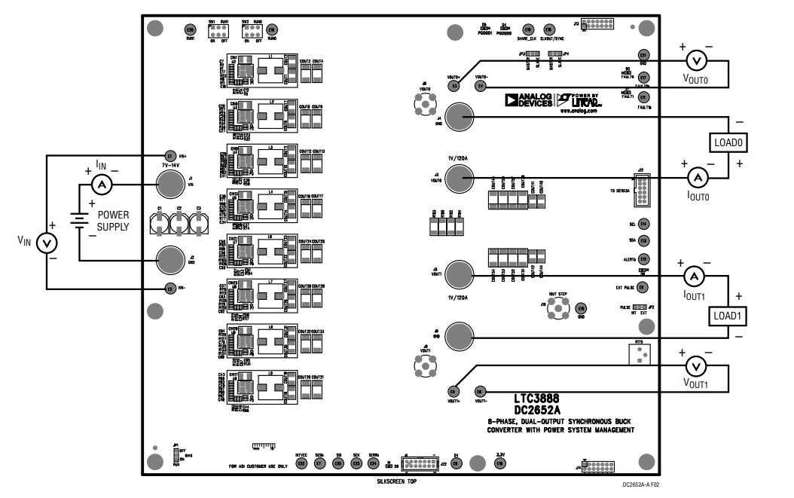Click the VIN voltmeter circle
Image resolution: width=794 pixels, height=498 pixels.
[x=47, y=243]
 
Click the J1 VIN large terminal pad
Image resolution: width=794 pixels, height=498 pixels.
[x=169, y=183]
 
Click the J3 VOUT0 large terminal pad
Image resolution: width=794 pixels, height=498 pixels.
[x=458, y=179]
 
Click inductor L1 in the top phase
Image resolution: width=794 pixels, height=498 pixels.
[x=271, y=72]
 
